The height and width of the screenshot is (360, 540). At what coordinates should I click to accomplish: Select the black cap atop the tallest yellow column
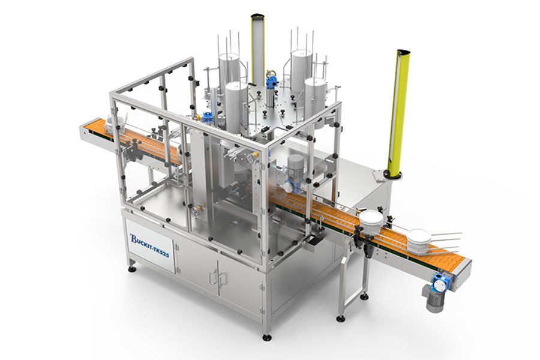(257, 16)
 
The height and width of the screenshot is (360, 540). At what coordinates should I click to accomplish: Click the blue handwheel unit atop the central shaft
(272, 80)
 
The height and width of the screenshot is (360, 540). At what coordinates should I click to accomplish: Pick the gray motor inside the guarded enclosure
(296, 164)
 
